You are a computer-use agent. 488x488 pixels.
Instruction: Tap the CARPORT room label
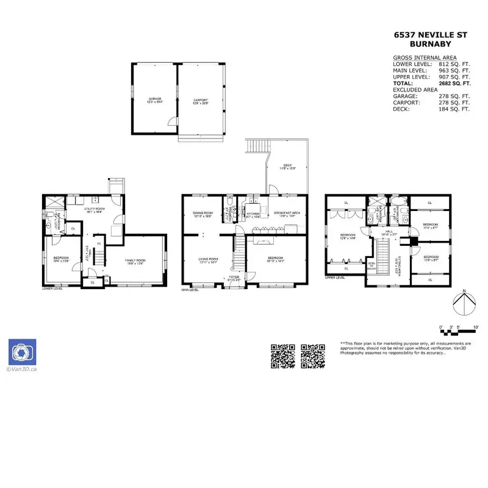[x=201, y=100]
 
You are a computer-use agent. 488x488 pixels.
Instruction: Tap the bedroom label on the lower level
[x=61, y=259]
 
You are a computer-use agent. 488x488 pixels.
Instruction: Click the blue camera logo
[x=22, y=352]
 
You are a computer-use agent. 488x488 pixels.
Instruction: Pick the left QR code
[x=283, y=356]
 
